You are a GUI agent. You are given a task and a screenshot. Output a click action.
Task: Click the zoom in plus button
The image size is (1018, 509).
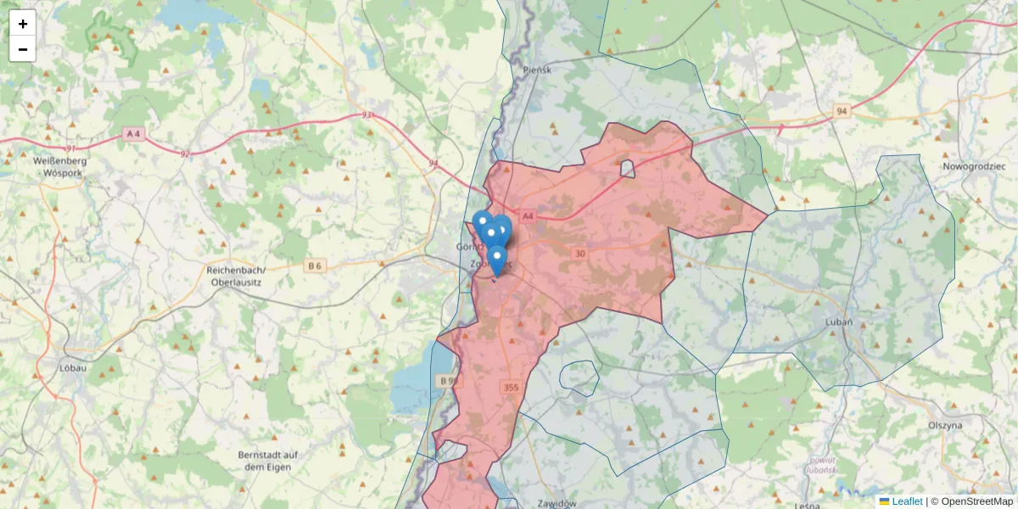point(23,24)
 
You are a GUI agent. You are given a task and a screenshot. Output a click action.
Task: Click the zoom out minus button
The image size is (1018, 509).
point(23,49)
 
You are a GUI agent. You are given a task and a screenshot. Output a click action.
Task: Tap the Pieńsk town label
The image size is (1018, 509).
point(537,70)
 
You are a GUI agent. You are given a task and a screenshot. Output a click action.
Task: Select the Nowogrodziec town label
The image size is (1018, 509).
point(978,167)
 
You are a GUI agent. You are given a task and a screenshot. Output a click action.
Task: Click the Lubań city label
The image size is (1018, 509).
point(838,322)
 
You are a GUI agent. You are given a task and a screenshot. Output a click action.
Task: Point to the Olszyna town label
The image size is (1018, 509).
point(944,424)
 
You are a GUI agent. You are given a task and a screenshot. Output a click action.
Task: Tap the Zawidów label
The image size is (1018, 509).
point(557,502)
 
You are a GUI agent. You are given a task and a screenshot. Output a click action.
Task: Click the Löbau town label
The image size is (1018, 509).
point(74,368)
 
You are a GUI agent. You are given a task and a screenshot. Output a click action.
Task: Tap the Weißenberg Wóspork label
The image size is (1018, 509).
point(55,166)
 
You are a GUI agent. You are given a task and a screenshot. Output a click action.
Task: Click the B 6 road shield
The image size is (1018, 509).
point(316,266)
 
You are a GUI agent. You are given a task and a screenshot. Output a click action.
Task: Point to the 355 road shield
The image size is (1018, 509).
point(510,388)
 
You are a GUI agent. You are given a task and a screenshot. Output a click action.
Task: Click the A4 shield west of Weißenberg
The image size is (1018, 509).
point(133,133)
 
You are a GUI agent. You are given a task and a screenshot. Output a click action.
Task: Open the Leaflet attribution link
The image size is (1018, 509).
point(906,501)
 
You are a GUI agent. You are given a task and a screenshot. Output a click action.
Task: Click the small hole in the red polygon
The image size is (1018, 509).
point(628,169)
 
